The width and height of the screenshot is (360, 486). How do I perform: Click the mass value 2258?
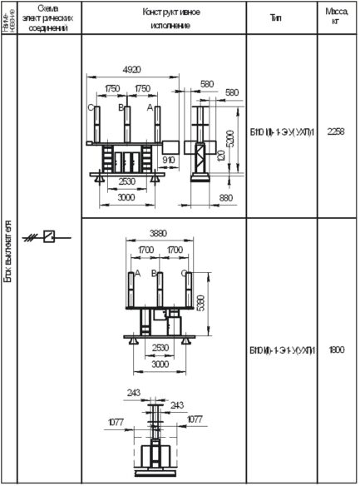point(336,131)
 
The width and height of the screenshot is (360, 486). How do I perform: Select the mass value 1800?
point(336,351)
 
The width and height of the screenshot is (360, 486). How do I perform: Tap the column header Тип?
point(277,17)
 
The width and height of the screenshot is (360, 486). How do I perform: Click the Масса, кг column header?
point(336,17)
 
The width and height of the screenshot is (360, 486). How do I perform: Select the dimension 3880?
point(159,234)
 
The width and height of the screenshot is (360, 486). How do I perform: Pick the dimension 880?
point(226,197)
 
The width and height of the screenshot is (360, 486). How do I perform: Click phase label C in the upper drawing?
point(90,108)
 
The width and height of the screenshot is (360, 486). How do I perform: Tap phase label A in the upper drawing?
point(149,108)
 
